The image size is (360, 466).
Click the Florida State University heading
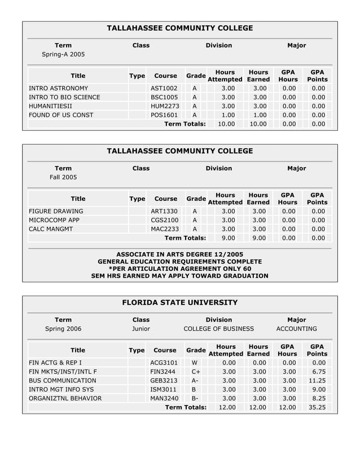pos(180,303)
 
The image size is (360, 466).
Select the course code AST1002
pos(164,89)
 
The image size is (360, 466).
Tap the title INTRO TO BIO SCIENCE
pos(64,97)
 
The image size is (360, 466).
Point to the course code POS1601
pos(164,115)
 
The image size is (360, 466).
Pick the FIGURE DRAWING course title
pos(56,212)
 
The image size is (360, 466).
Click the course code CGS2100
pos(164,220)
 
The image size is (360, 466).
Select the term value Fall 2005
pos(63,177)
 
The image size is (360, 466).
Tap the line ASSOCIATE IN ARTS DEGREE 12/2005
pos(179,254)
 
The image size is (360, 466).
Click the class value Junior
pos(141,329)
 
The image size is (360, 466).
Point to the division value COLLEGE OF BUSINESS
pos(219,329)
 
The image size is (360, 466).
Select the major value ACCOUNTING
pos(296,329)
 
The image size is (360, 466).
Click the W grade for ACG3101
pos(195,363)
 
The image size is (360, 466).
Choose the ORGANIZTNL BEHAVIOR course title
pos(65,398)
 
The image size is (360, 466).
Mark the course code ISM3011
pos(164,389)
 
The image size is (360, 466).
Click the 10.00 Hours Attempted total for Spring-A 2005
pos(227,124)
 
